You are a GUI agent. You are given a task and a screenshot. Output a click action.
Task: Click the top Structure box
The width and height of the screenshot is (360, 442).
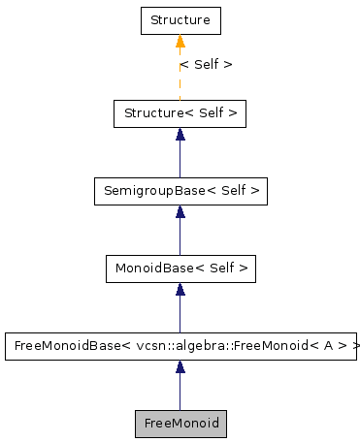(x=180, y=20)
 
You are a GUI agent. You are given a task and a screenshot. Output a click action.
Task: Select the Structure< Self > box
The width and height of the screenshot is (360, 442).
(x=180, y=113)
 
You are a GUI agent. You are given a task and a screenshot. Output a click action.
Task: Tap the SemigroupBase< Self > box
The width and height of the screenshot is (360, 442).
(x=180, y=191)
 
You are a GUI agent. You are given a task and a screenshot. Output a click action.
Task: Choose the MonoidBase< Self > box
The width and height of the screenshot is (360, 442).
(x=180, y=268)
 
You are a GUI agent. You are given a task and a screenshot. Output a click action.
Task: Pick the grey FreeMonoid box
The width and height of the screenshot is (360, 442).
(x=180, y=424)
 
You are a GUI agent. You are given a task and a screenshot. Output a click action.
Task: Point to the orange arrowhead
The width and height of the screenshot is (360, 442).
(x=180, y=41)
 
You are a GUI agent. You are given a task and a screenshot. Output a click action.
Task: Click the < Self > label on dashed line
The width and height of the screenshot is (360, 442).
(x=206, y=65)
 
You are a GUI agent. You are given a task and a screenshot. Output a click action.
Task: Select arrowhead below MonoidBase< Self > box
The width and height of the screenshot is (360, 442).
(x=180, y=290)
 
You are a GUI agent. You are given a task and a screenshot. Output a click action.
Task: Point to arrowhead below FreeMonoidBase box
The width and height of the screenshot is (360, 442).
(x=180, y=367)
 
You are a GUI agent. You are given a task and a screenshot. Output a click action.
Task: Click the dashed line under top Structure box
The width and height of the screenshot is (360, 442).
(x=180, y=82)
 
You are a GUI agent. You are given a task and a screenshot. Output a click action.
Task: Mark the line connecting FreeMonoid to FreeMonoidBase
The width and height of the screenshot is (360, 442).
(x=180, y=393)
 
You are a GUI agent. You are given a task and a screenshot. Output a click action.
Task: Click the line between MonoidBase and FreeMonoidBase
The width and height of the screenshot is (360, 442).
(x=180, y=315)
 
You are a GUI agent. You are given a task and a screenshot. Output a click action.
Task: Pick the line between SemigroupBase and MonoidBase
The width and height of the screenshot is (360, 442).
(x=180, y=237)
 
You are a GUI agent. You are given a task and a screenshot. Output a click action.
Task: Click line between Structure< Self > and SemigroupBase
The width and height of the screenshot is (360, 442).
(x=180, y=160)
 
